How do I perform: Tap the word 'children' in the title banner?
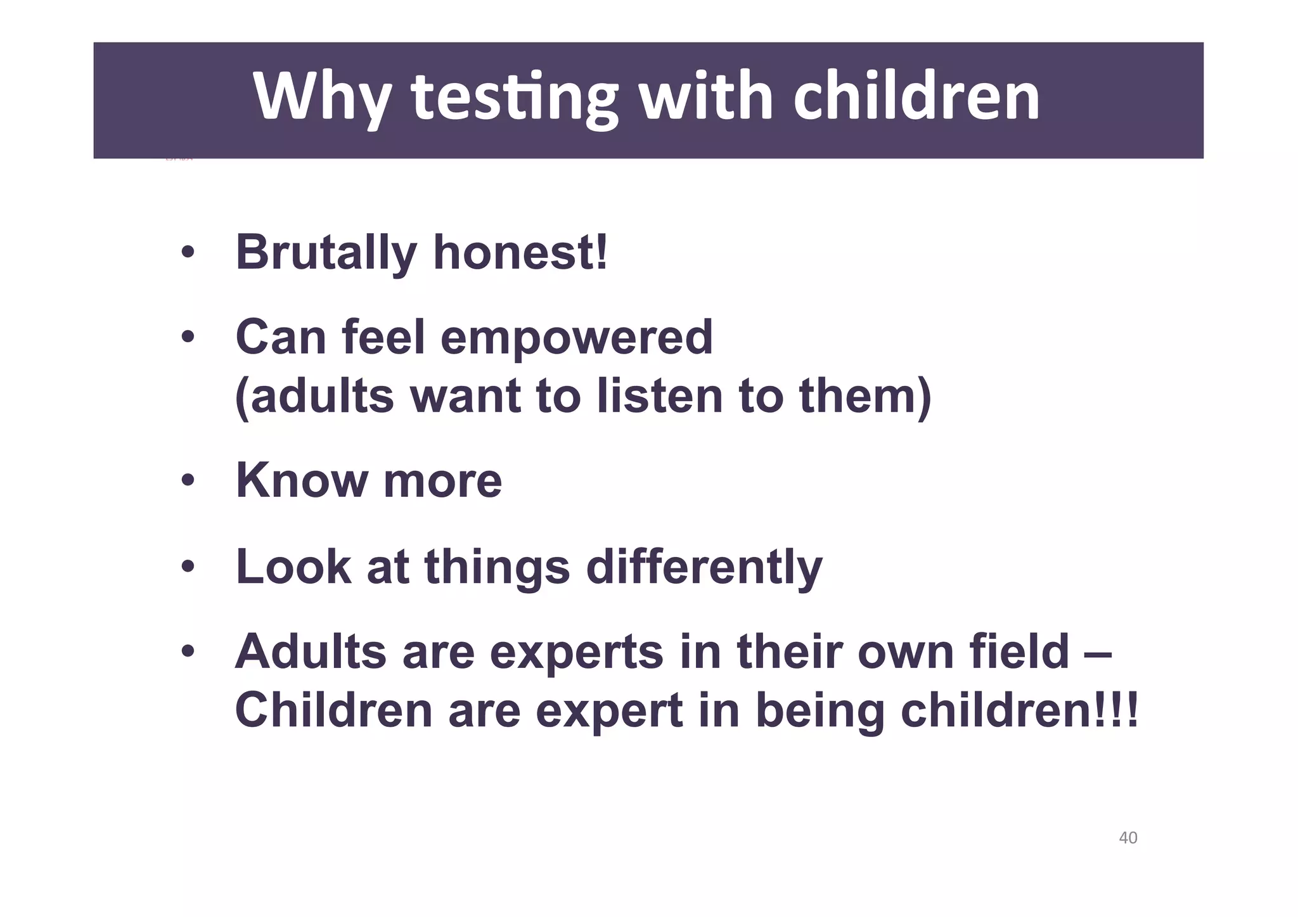tap(916, 96)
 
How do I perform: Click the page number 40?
tap(1128, 838)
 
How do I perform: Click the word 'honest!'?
tap(520, 253)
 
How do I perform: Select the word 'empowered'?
tap(576, 338)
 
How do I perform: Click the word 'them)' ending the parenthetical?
tap(865, 396)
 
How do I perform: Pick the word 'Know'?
tap(302, 480)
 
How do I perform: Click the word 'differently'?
tap(704, 567)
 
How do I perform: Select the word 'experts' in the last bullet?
tap(577, 653)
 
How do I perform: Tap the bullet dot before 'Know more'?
tap(187, 480)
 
